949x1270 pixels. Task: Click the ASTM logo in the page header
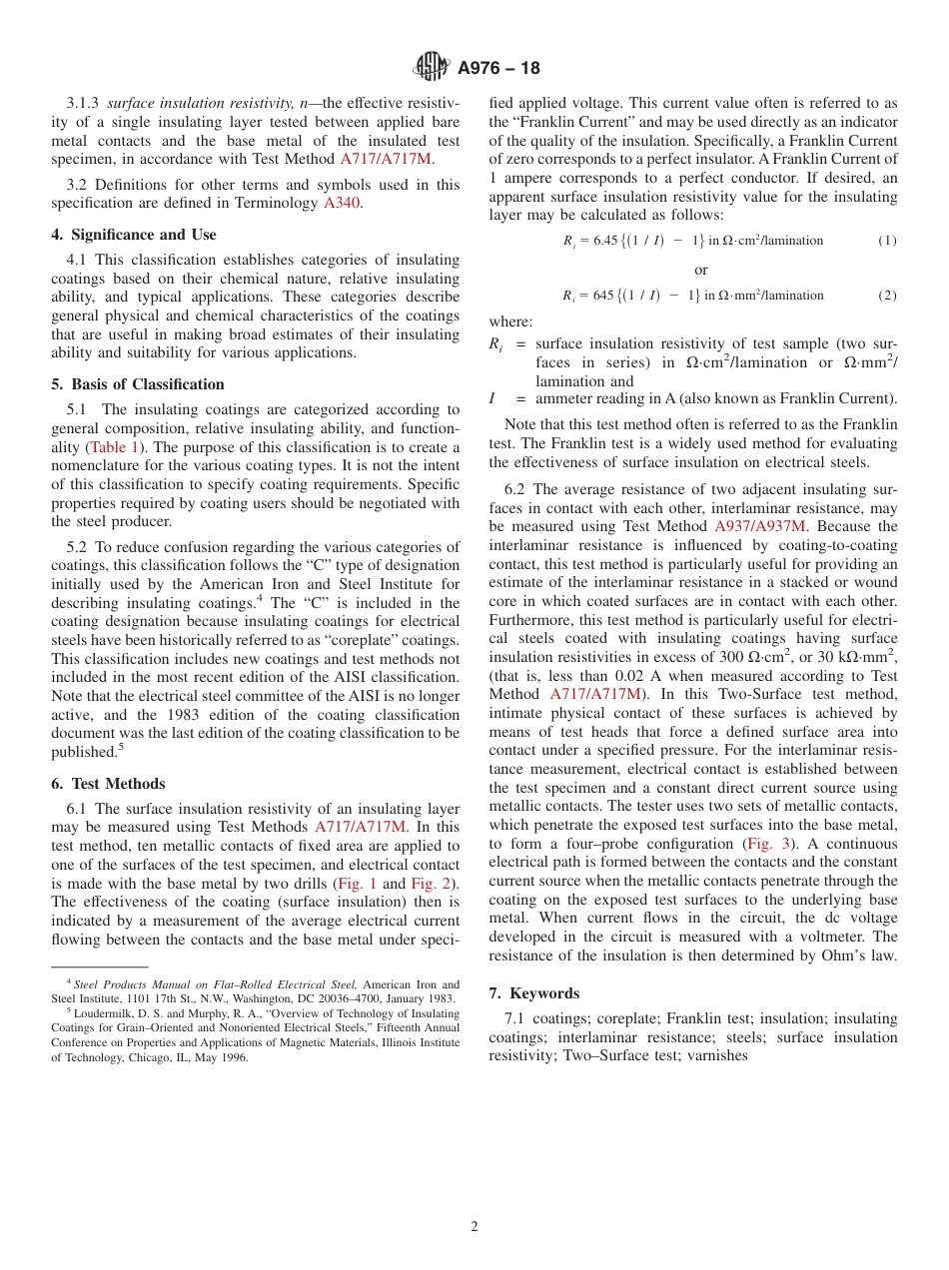tap(432, 67)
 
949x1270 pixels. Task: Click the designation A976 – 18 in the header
tap(498, 68)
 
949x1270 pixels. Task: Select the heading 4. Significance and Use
tap(134, 235)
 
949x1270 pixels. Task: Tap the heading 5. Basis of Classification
tap(138, 384)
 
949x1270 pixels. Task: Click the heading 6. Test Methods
tap(108, 784)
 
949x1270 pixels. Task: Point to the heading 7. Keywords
tap(534, 993)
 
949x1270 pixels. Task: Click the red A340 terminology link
tap(342, 203)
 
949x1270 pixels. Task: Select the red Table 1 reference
tap(115, 447)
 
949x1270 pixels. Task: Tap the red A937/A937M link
tap(759, 526)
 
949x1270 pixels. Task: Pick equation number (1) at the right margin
tap(887, 241)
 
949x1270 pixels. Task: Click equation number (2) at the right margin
tap(887, 296)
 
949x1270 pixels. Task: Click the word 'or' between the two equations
tap(700, 270)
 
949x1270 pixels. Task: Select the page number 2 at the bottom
tap(474, 1227)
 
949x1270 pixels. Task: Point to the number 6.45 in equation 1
tap(606, 241)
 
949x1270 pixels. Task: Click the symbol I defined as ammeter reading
tap(492, 399)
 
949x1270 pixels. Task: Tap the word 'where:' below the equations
tap(510, 321)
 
